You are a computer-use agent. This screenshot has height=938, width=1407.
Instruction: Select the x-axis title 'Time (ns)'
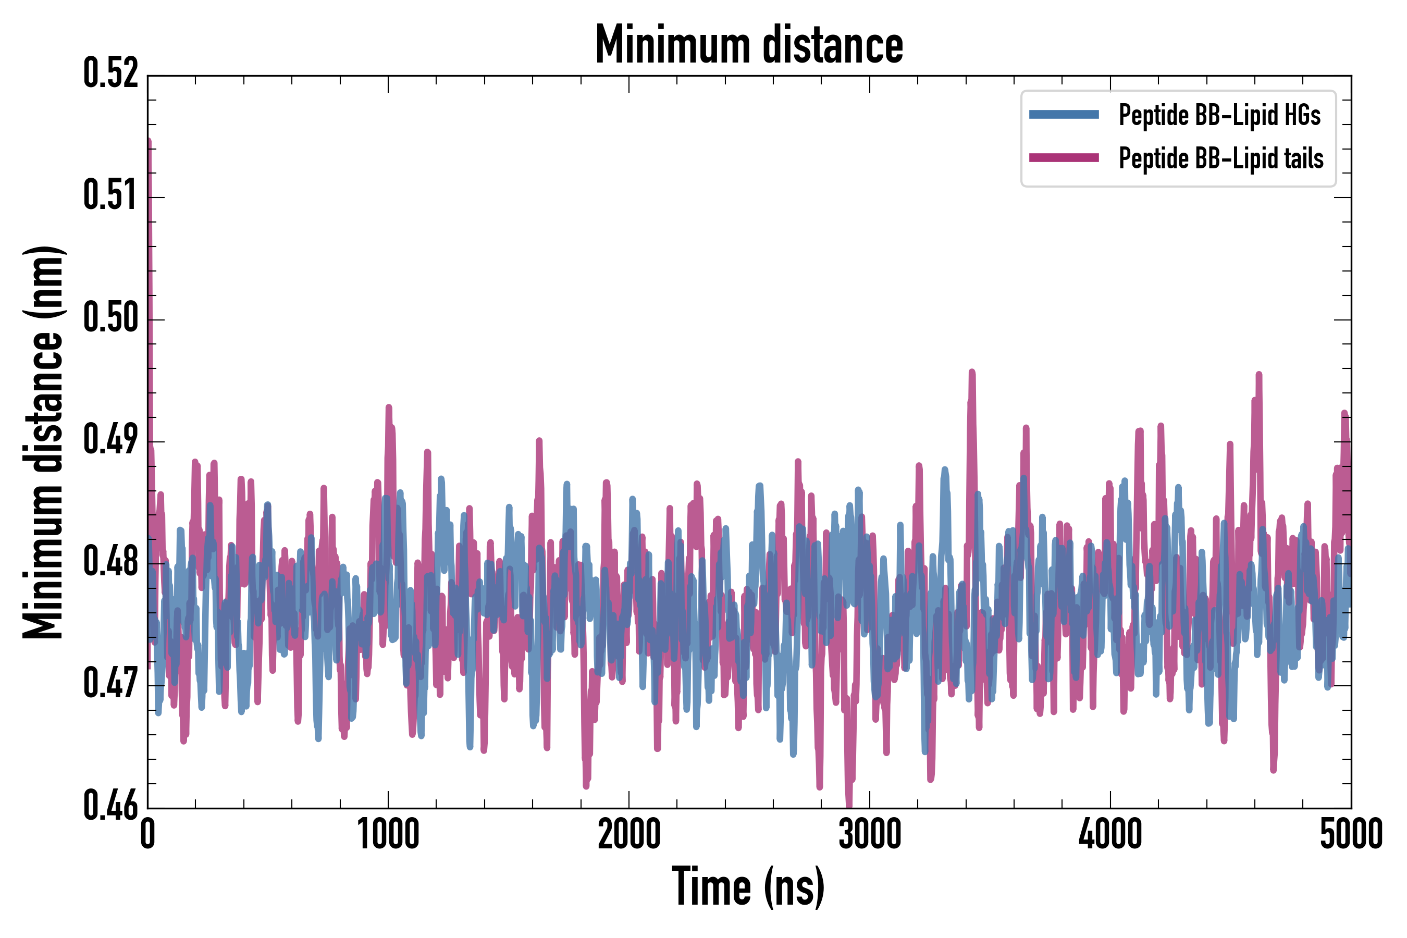(x=748, y=886)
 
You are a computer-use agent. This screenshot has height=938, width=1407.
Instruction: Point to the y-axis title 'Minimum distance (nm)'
(x=43, y=442)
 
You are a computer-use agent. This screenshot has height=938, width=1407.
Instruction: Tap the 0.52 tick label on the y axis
(x=110, y=73)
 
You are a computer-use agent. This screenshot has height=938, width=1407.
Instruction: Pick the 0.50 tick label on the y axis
(x=110, y=318)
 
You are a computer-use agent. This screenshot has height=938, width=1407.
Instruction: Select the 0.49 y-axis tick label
(x=110, y=440)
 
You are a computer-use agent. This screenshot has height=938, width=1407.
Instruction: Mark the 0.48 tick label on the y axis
(x=110, y=562)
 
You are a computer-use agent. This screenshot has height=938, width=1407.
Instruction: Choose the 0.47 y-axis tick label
(x=110, y=684)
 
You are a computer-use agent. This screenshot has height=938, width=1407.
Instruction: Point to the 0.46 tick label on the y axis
(x=110, y=806)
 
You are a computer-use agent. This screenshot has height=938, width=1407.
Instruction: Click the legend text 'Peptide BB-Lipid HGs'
(x=1219, y=115)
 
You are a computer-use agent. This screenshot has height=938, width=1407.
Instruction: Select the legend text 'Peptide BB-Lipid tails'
(x=1220, y=158)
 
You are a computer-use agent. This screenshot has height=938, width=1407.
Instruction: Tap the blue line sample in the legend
(x=1064, y=115)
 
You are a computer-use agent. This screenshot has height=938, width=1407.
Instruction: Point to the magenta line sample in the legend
(x=1064, y=158)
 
